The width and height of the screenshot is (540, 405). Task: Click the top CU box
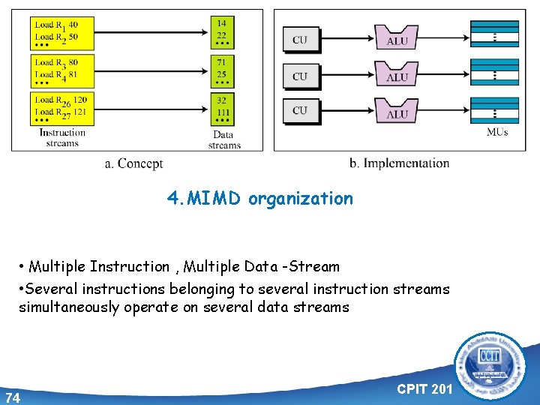(300, 40)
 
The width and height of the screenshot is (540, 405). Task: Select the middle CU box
(300, 76)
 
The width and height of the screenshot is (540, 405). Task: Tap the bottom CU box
(300, 111)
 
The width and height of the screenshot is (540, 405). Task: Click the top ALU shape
(397, 39)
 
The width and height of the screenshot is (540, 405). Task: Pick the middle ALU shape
(397, 76)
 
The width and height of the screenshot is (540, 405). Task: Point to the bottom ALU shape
(397, 112)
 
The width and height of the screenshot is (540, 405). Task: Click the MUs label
(497, 133)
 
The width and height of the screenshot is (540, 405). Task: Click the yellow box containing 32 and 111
(223, 108)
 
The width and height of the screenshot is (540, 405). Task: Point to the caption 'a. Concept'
(133, 163)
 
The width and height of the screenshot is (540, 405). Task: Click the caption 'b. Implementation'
(400, 163)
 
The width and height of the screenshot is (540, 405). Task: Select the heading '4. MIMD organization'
(259, 199)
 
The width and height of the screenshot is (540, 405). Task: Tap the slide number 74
(13, 397)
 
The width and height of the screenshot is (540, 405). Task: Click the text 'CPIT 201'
(424, 390)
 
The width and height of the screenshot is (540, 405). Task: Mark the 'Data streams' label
(224, 140)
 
